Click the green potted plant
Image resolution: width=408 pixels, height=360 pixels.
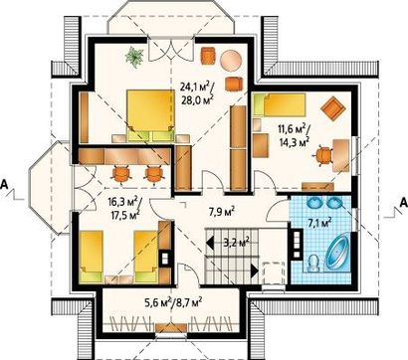tap(134, 57)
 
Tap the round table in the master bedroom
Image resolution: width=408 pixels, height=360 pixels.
tap(231, 61)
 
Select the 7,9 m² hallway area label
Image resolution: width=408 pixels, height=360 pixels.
tap(222, 211)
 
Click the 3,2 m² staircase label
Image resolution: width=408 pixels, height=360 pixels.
tap(236, 243)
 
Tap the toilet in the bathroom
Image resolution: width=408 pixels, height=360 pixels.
tap(312, 264)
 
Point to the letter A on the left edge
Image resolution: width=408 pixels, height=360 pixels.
tap(4, 184)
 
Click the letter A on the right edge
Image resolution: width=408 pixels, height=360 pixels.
tap(403, 202)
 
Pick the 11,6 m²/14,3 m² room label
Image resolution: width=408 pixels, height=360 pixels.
tap(294, 135)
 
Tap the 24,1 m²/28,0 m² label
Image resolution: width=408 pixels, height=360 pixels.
tap(197, 93)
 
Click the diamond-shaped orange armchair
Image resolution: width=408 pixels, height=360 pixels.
tap(333, 108)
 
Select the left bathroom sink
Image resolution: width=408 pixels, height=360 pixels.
tap(314, 203)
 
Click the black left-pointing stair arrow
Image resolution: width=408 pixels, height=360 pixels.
tap(210, 243)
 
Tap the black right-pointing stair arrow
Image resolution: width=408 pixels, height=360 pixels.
tap(255, 270)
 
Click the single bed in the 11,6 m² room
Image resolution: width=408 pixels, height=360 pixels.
tap(280, 104)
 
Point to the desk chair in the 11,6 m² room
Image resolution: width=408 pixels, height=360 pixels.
tap(323, 155)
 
